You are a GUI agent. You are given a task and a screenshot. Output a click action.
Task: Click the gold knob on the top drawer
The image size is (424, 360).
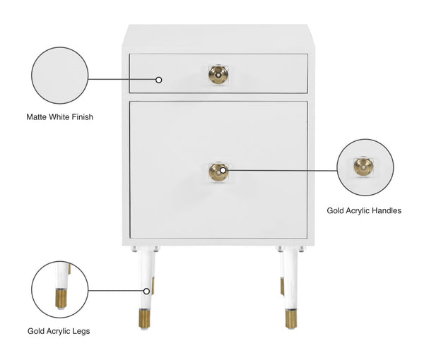click(218, 73)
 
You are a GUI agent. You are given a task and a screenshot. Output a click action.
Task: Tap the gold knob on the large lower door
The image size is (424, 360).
click(218, 172)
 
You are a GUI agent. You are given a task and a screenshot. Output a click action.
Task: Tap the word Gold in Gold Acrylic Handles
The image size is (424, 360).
click(336, 210)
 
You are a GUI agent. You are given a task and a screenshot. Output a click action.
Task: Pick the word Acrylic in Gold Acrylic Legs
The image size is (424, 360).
click(58, 330)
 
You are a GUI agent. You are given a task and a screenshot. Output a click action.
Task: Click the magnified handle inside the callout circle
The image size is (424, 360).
click(364, 167)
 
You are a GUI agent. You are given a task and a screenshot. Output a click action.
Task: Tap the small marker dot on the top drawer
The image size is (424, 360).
click(159, 79)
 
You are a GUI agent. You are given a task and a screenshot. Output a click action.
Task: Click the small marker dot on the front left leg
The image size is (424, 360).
click(146, 290)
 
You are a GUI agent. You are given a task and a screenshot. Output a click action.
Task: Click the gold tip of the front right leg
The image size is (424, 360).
click(290, 318)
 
